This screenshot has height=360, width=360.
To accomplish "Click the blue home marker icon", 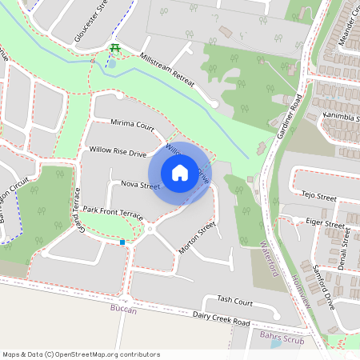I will pyautogui.click(x=179, y=172).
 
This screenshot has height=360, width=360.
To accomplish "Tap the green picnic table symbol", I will pyautogui.click(x=115, y=50).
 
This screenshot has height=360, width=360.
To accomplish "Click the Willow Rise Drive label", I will pyautogui.click(x=118, y=150).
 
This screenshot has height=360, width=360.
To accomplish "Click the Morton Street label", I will pyautogui.click(x=198, y=238).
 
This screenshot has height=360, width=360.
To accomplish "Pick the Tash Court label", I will pyautogui.click(x=234, y=302).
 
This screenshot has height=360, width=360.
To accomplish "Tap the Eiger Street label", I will pyautogui.click(x=320, y=220).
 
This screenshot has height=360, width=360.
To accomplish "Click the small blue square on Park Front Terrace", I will pyautogui.click(x=122, y=242).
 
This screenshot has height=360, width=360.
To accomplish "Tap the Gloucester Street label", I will pyautogui.click(x=90, y=22).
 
